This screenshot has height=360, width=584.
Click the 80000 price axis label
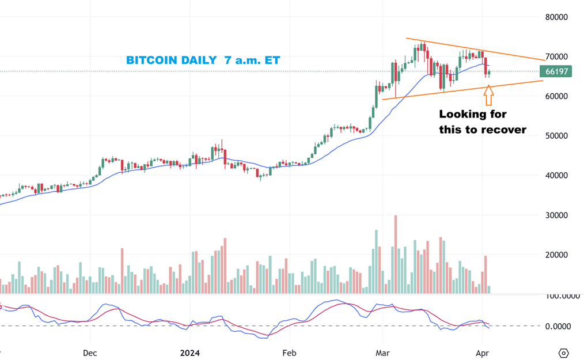click(556, 17)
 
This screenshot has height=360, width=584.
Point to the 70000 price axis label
click(556, 56)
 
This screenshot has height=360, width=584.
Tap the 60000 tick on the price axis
click(556, 96)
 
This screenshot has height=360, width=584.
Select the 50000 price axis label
click(556, 136)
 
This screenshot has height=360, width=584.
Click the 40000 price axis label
click(556, 175)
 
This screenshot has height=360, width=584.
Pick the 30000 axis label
click(556, 215)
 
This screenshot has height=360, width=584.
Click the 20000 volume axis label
click(556, 255)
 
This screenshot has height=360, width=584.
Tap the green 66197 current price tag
click(555, 71)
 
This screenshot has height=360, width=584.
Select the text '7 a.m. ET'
click(253, 60)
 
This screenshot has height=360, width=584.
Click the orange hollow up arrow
click(488, 96)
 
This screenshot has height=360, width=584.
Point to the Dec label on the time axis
click(89, 353)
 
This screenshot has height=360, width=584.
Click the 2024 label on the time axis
click(189, 353)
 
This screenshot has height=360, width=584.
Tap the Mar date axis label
click(382, 353)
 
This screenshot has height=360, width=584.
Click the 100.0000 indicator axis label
click(561, 296)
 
